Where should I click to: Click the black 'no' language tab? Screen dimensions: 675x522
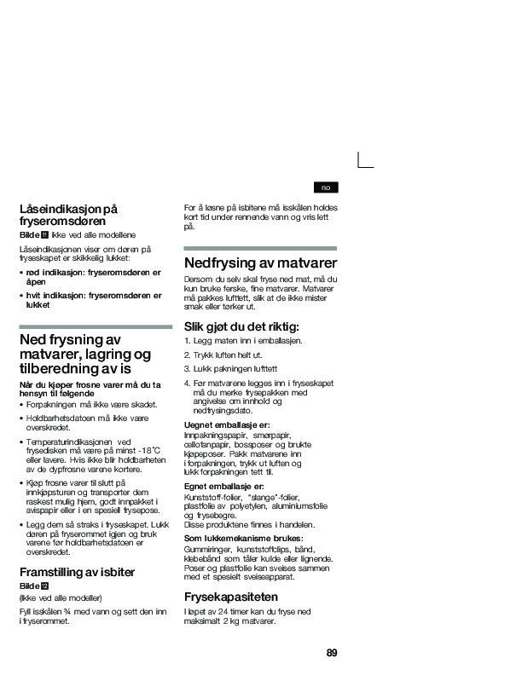[x=326, y=187]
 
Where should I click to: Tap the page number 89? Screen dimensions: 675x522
[x=332, y=653]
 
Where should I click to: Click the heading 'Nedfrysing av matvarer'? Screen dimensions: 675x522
[x=260, y=262]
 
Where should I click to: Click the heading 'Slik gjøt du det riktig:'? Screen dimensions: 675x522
[x=242, y=326]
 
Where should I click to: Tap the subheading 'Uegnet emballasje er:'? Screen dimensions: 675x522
[x=227, y=424]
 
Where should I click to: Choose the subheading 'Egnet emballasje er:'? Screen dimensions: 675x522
[x=224, y=486]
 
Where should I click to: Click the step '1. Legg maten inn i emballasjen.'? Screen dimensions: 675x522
[x=243, y=340]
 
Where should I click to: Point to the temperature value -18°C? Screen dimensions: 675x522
[x=148, y=450]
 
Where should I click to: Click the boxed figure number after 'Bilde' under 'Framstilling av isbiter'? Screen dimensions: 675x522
[x=46, y=587]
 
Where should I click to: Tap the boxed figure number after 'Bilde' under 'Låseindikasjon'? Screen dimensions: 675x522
[x=44, y=234]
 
